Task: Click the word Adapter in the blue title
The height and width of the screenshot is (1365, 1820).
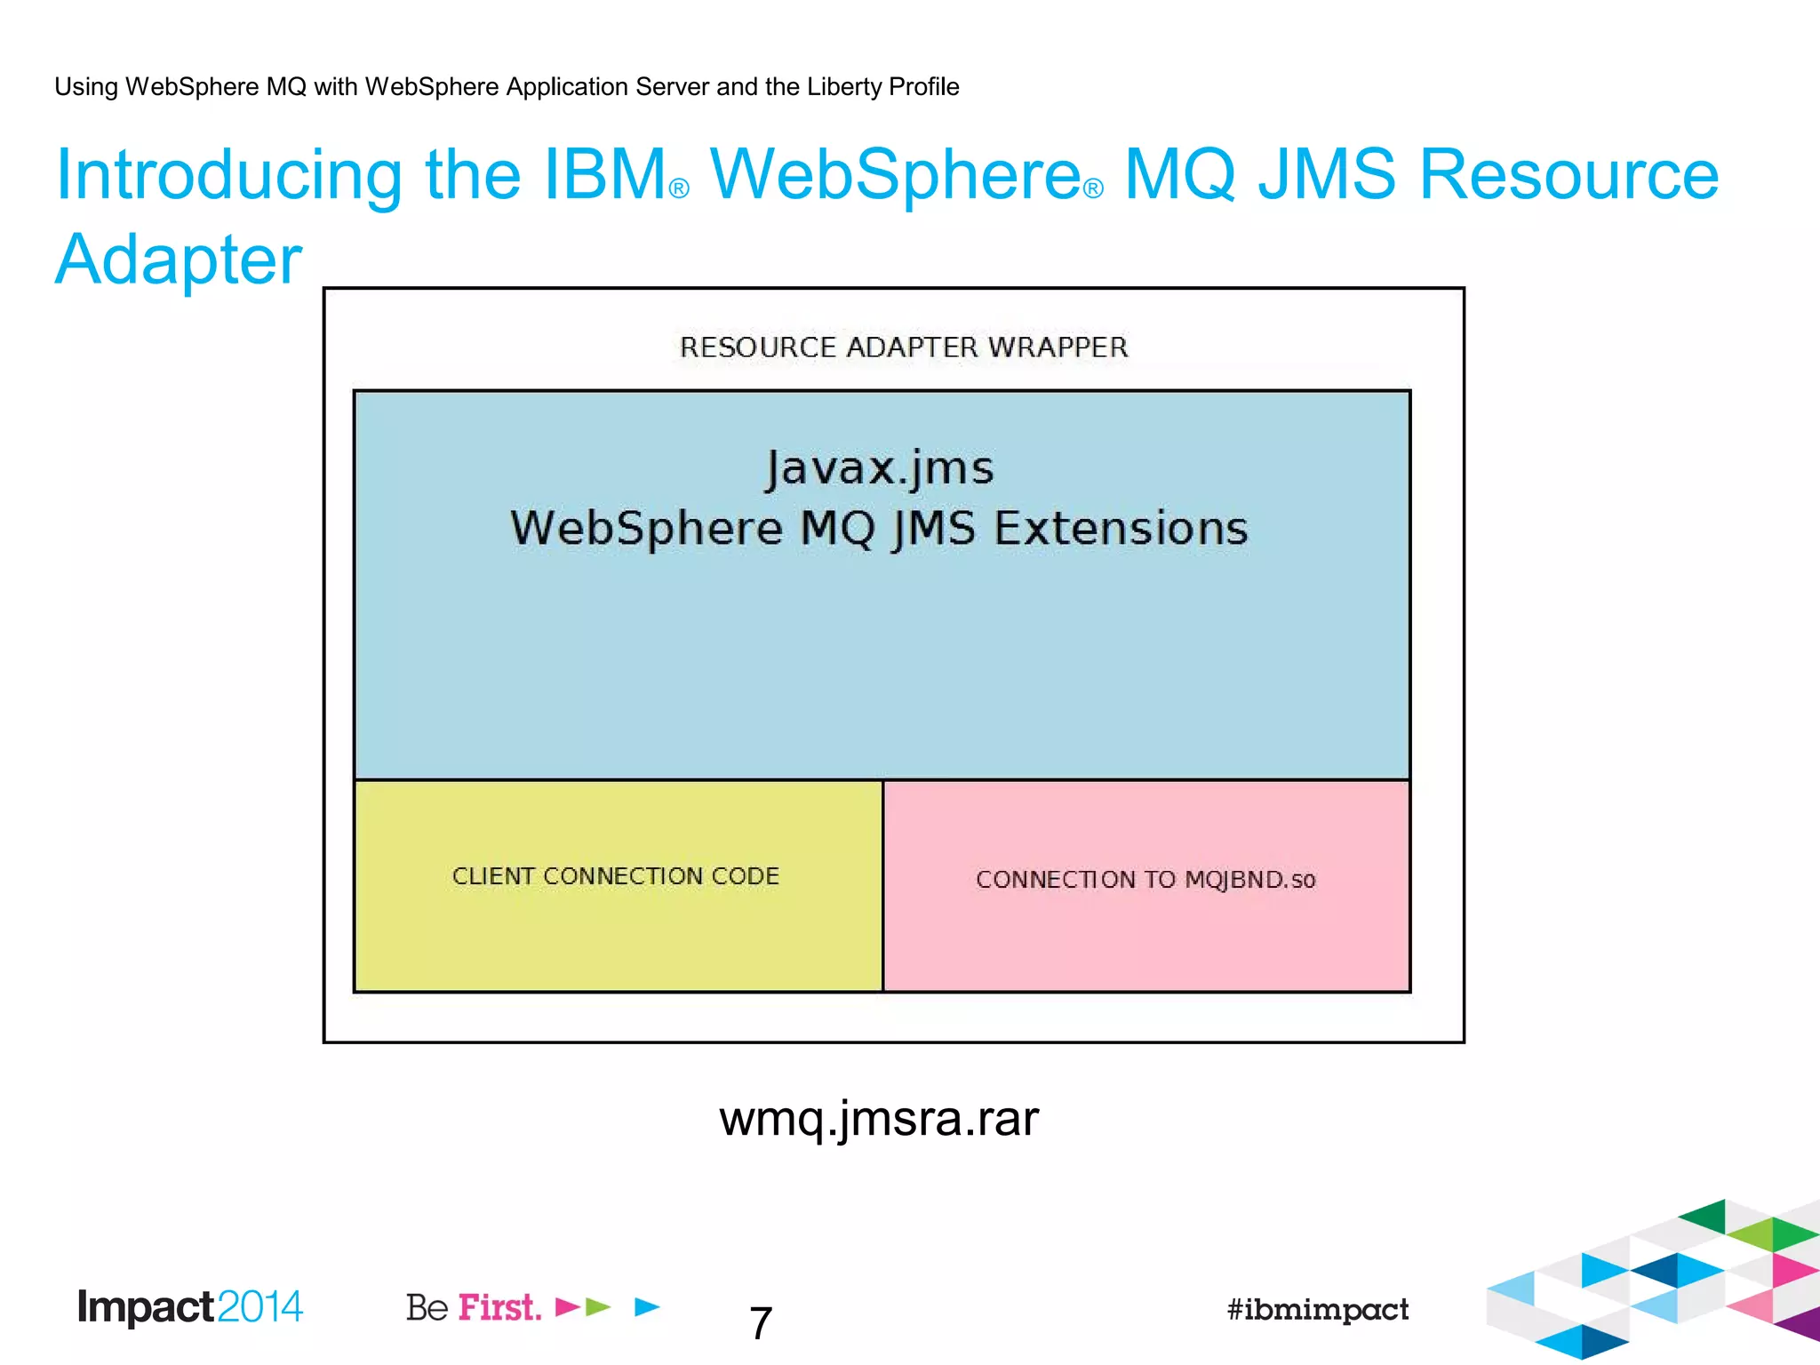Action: [179, 259]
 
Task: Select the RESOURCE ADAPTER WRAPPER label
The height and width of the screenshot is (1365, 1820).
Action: [904, 347]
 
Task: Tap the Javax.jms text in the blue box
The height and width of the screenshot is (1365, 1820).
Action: [880, 468]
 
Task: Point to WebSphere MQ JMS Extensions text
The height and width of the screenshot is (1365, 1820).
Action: [879, 528]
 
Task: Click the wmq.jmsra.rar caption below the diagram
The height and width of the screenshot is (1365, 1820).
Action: [878, 1118]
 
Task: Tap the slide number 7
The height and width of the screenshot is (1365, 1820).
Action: [761, 1323]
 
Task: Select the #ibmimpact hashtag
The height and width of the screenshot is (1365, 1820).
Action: [1317, 1309]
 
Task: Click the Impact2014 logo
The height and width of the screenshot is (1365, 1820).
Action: [190, 1307]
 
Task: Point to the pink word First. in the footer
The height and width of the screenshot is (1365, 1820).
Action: [499, 1307]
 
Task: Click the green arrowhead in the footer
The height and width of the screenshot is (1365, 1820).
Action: [599, 1306]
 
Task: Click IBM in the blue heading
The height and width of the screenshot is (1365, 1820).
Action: [605, 174]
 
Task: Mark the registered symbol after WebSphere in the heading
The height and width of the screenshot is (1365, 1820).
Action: [1094, 189]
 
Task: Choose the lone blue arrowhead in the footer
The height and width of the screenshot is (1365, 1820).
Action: [648, 1306]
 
